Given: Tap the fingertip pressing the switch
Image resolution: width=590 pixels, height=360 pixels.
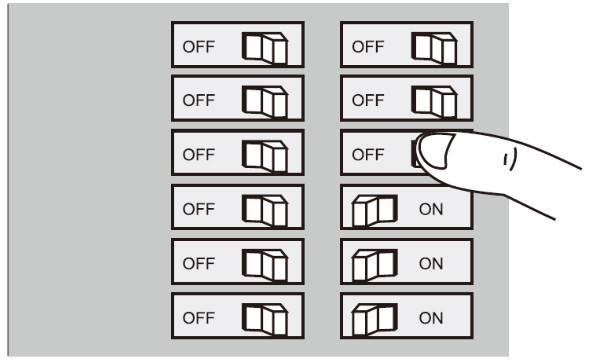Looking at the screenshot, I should pyautogui.click(x=432, y=153).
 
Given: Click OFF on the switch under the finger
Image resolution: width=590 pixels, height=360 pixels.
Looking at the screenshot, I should pyautogui.click(x=369, y=155).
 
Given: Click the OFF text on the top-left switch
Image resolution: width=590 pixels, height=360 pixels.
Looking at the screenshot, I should pyautogui.click(x=199, y=46).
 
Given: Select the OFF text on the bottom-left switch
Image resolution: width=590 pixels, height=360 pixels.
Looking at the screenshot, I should pyautogui.click(x=199, y=318).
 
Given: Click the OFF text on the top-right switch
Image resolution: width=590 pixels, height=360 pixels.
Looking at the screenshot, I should pyautogui.click(x=369, y=46).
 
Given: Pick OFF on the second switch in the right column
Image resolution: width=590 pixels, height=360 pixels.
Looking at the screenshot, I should pyautogui.click(x=369, y=100).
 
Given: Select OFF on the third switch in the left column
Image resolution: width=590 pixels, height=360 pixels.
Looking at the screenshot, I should pyautogui.click(x=199, y=155).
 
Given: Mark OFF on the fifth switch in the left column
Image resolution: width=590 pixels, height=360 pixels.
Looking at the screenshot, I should pyautogui.click(x=199, y=264).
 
